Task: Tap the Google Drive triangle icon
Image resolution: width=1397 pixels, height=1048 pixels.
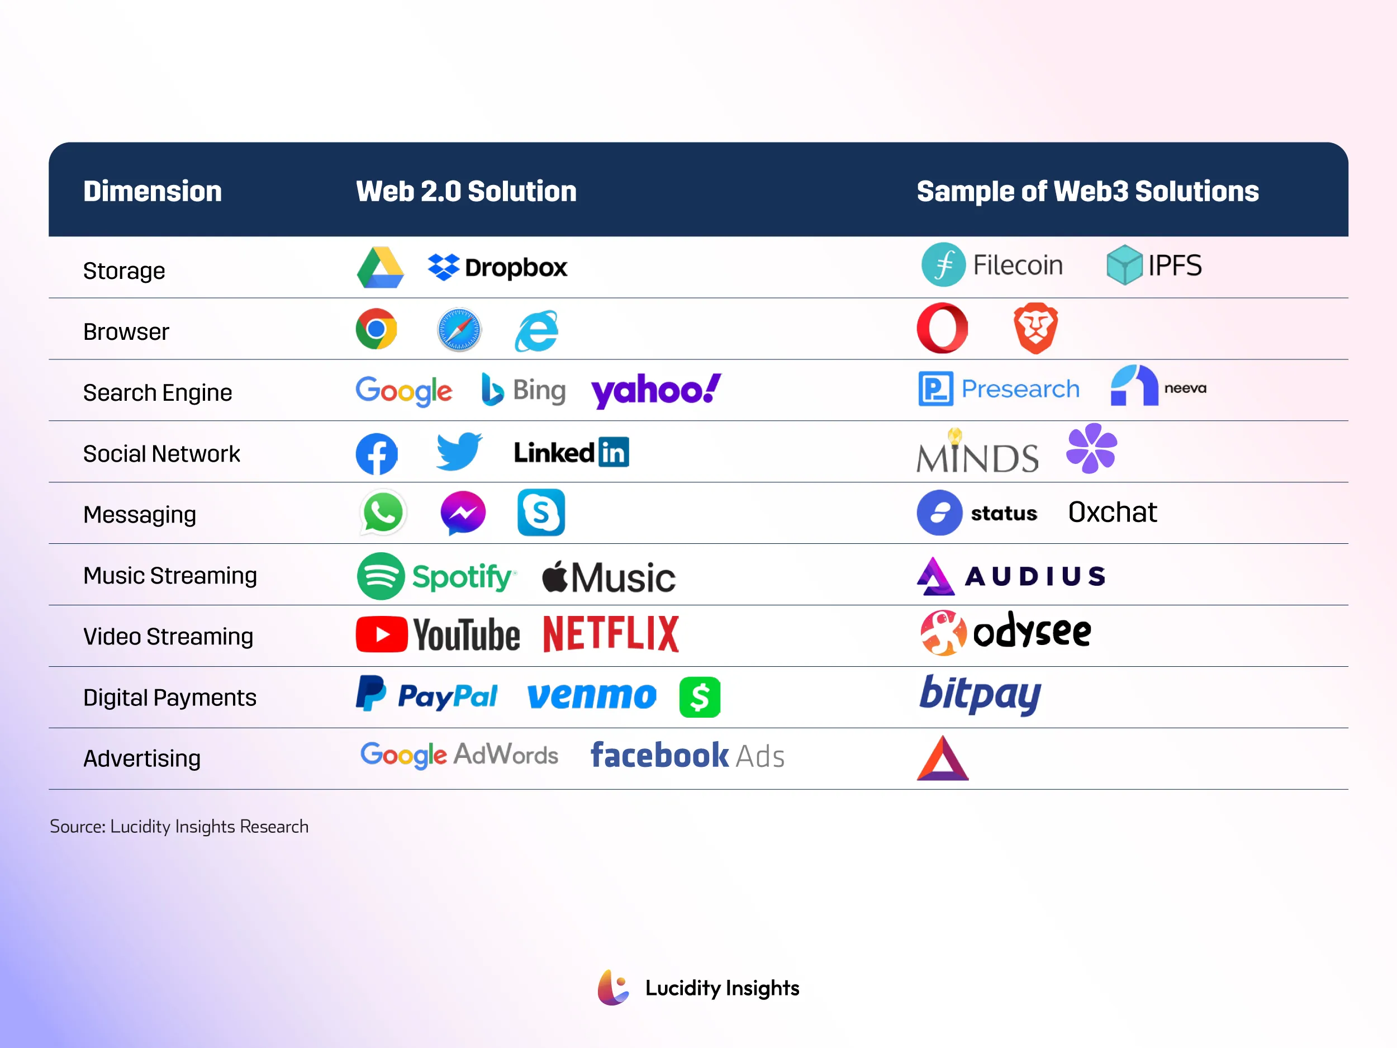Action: click(380, 268)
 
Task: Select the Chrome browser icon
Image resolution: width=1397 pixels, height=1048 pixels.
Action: click(377, 329)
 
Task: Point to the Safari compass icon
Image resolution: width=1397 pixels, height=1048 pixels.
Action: click(459, 329)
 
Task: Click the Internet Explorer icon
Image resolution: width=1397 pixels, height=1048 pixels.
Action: click(537, 330)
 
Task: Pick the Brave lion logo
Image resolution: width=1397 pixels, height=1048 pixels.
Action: click(1036, 328)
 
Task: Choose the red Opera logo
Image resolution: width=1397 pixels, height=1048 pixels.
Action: click(942, 328)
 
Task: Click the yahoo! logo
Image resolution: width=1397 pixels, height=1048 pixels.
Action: click(656, 390)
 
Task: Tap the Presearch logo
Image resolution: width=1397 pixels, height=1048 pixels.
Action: click(999, 388)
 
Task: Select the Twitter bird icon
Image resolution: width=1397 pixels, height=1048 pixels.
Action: click(459, 451)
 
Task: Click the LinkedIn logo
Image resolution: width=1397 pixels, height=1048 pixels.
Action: click(571, 452)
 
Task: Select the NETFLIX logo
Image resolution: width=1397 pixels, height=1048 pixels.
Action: click(611, 634)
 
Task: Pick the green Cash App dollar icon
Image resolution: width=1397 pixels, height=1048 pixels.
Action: click(700, 698)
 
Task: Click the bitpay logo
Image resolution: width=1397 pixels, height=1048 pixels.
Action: click(980, 695)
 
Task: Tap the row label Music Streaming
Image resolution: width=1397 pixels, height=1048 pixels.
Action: click(170, 576)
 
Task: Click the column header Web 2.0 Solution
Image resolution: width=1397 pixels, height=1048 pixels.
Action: click(466, 191)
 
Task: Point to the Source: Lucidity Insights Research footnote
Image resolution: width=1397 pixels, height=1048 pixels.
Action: click(179, 826)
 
